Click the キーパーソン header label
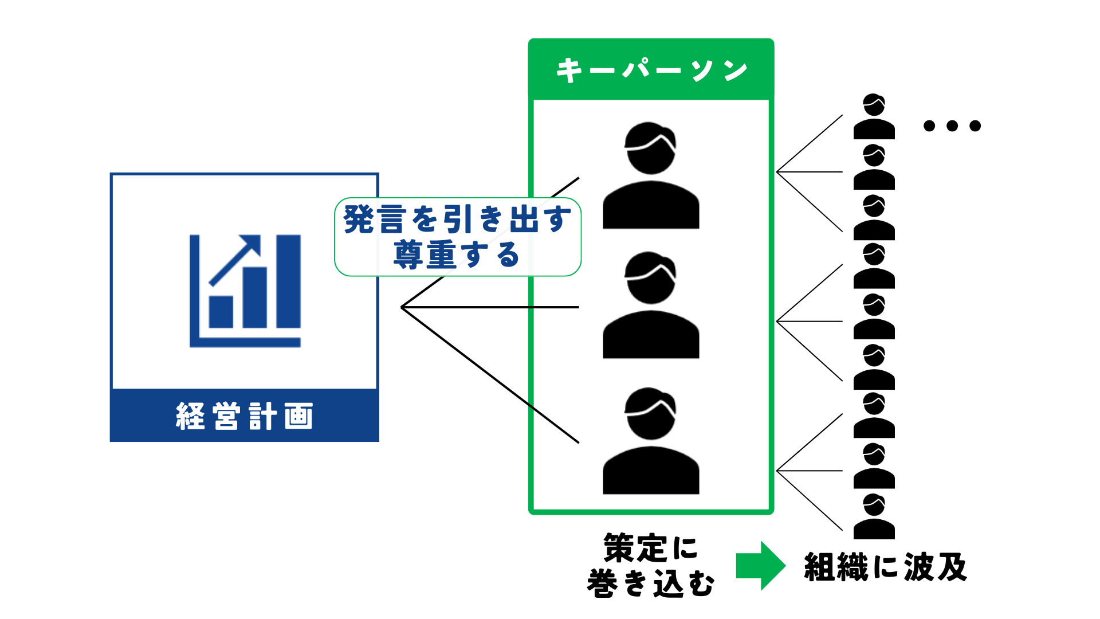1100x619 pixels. point(651,70)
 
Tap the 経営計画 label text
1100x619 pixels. point(245,416)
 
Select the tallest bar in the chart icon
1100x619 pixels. point(288,281)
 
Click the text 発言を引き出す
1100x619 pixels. point(457,220)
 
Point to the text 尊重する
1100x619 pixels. point(457,255)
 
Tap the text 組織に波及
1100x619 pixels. point(886,567)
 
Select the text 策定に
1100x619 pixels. point(651,548)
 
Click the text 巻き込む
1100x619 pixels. point(651,583)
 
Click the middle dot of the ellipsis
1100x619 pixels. point(952,126)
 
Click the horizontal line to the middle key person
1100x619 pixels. point(490,307)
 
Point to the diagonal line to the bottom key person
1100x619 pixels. point(490,375)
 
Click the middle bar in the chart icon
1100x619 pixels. point(255,297)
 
